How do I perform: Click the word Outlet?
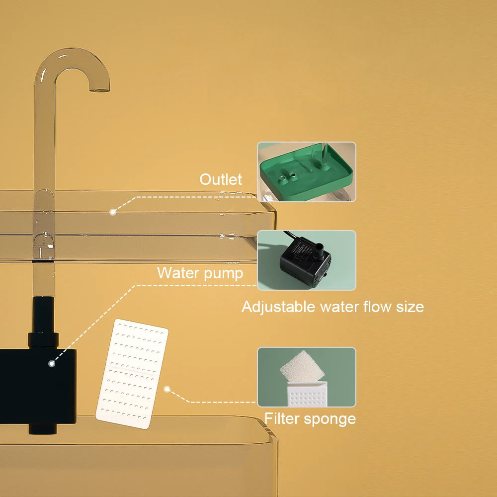pyautogui.click(x=221, y=179)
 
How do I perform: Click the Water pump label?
pyautogui.click(x=200, y=273)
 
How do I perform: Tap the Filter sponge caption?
pyautogui.click(x=310, y=418)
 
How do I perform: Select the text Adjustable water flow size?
pyautogui.click(x=332, y=307)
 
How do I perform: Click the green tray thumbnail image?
pyautogui.click(x=306, y=172)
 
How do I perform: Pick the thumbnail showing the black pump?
pyautogui.click(x=306, y=260)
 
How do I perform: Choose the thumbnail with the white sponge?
pyautogui.click(x=306, y=377)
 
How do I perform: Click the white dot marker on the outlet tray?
pyautogui.click(x=113, y=212)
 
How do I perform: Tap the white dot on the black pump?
pyautogui.click(x=51, y=364)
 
